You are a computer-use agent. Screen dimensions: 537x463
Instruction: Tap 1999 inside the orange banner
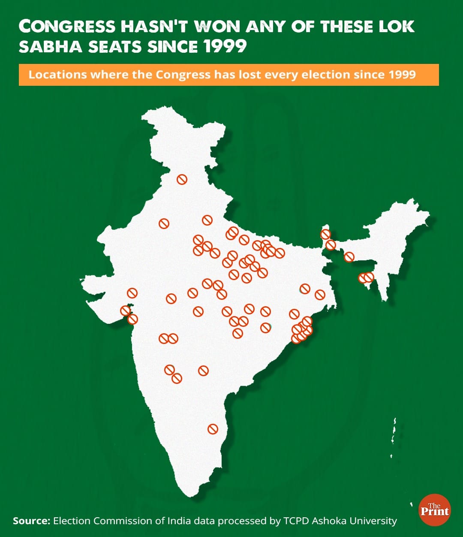402,75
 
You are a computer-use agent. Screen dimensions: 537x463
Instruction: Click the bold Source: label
31,521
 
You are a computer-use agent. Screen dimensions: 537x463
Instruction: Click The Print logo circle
434,510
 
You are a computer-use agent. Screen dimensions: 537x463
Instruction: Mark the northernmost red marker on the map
182,179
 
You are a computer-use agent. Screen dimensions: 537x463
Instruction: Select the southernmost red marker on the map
213,429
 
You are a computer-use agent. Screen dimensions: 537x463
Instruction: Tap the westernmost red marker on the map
125,311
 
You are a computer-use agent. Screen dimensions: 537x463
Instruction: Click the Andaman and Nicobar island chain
393,433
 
